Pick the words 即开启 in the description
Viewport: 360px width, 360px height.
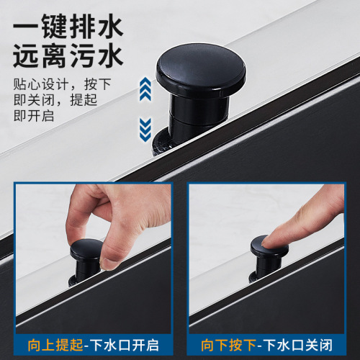click(30, 116)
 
